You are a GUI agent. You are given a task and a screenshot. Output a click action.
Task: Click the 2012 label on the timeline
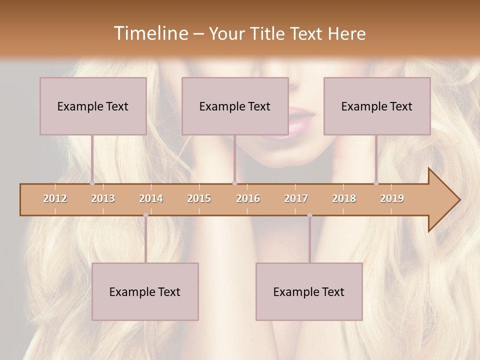pos(55,198)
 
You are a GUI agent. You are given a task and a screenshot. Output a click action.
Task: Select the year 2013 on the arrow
pos(103,198)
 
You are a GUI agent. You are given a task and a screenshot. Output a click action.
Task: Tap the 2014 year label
pos(151,198)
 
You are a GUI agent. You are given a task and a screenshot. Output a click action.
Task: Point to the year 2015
pos(199,198)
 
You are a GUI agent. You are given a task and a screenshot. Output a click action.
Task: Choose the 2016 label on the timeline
pos(248,198)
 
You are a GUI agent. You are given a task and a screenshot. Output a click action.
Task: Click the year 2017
pos(296,198)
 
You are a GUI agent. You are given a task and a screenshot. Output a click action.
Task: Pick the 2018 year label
pos(344,198)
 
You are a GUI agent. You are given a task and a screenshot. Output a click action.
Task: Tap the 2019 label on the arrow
pos(392,198)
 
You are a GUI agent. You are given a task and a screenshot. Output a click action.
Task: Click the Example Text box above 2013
pos(93,106)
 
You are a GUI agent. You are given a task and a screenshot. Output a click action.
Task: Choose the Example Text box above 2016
pos(235,106)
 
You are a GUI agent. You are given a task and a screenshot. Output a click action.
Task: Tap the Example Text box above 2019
pos(377,106)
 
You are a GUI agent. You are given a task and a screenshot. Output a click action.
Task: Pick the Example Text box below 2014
pos(145,291)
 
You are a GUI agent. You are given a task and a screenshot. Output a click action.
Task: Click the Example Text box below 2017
pos(309,291)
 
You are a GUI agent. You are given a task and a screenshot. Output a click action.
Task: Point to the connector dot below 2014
pos(145,215)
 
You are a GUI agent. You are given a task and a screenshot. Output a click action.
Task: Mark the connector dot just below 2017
pos(309,215)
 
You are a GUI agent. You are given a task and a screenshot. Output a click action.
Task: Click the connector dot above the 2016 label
pos(234,183)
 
